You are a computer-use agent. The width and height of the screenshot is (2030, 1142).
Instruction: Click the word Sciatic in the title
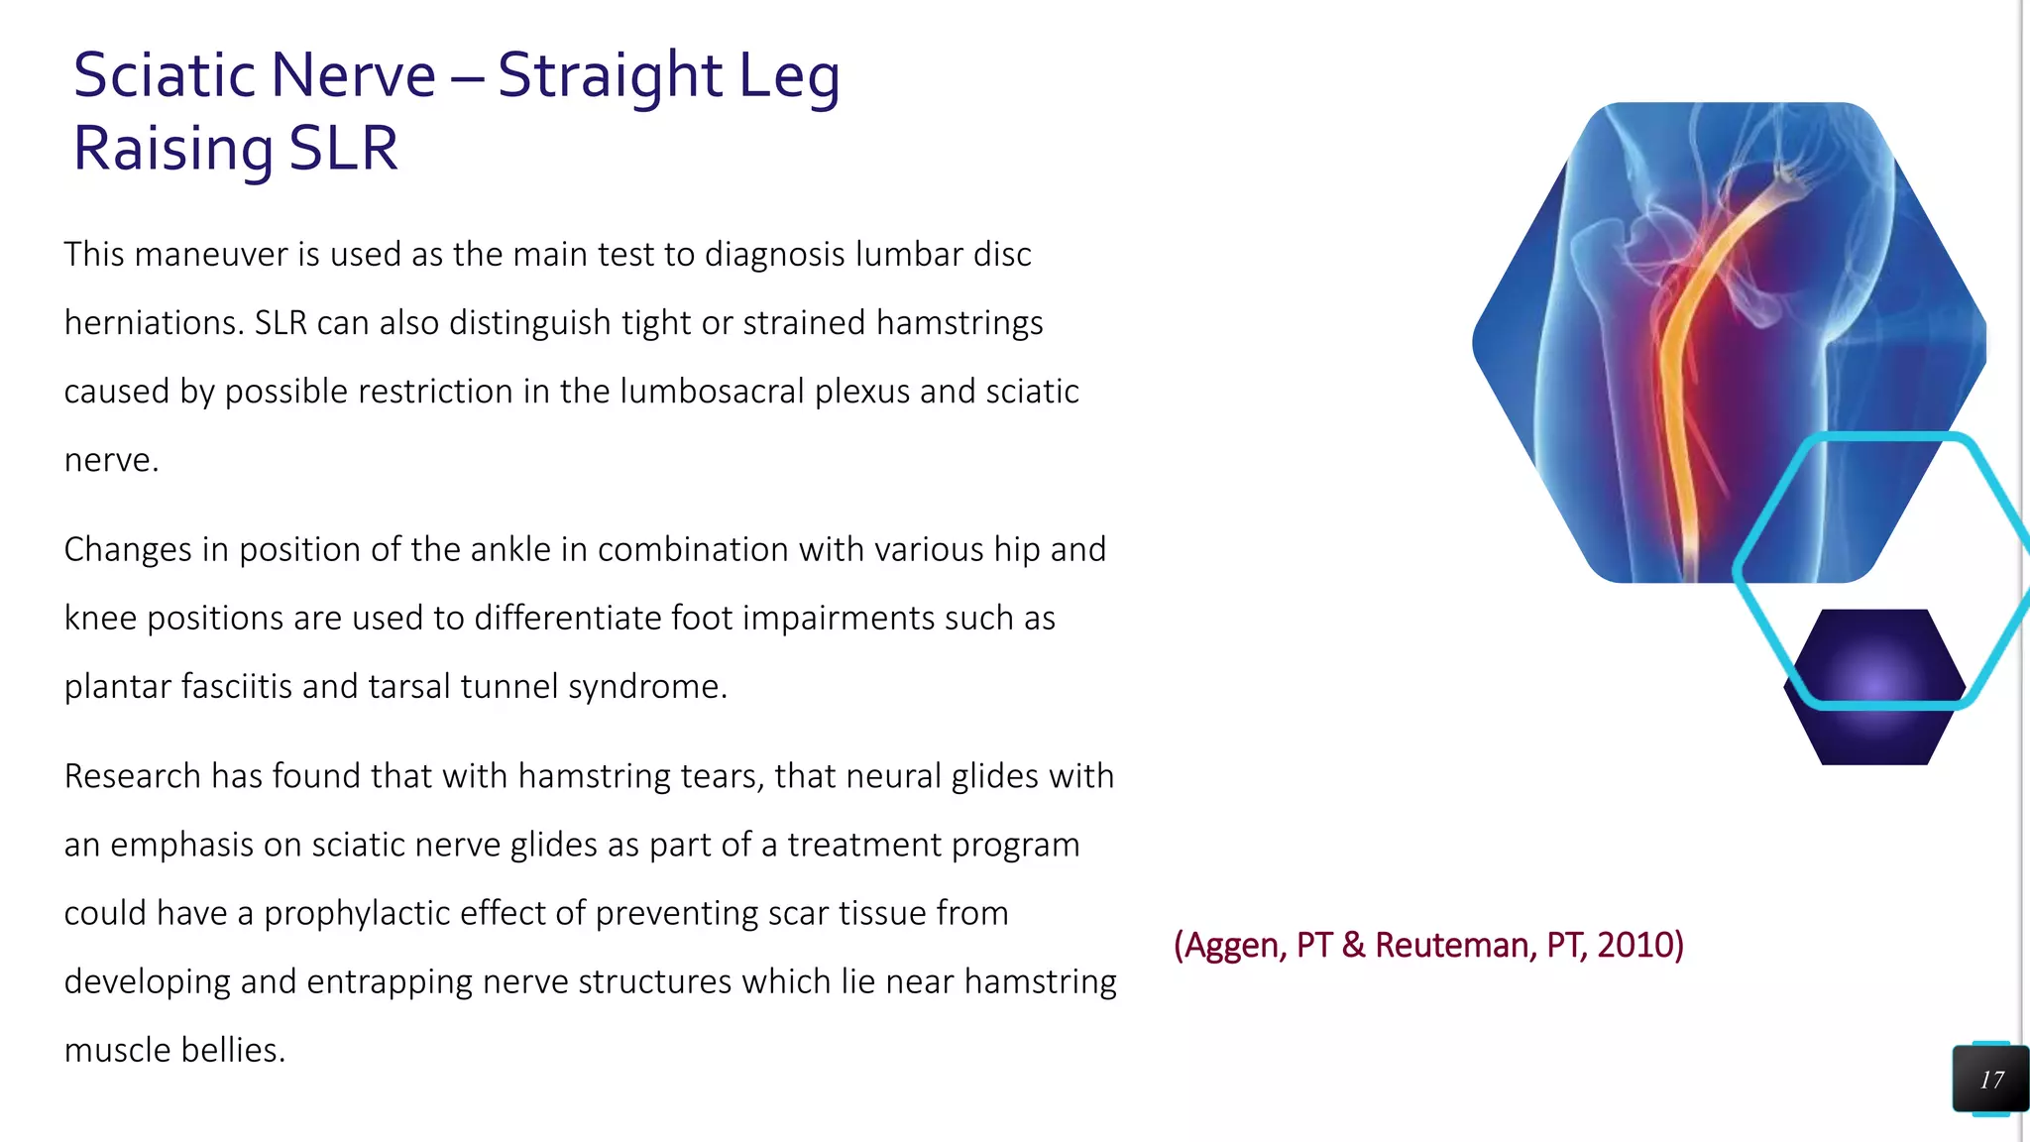tap(166, 75)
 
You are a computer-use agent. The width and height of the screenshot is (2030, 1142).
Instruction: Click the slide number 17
tap(1991, 1080)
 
